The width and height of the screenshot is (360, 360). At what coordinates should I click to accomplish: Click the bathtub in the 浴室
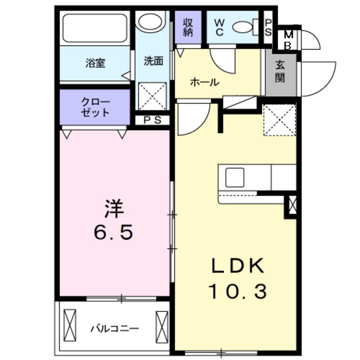pos(94,28)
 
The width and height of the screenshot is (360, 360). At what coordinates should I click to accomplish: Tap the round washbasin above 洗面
pos(150,21)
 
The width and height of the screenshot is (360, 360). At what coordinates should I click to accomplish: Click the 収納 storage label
pos(188,28)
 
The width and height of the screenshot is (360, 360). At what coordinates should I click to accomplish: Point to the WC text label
pos(219,28)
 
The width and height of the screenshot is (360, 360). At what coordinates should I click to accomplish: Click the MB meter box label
pos(288,40)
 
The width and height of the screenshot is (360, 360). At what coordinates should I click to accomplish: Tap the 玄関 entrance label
pos(280,71)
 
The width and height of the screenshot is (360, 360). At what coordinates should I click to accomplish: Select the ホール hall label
pos(205,82)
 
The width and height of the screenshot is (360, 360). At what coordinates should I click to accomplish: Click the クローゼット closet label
pos(95,107)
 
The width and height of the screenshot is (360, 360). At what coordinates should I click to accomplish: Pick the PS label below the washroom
pos(152,120)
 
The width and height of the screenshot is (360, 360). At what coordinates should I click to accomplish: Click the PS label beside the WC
pos(268,28)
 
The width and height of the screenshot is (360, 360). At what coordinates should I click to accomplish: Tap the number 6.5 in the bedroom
pos(114,232)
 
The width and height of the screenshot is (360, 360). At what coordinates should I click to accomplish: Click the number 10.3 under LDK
pos(237,291)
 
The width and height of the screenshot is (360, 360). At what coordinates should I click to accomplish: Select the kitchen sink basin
pos(235,178)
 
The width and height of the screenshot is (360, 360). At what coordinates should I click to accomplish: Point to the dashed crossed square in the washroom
pos(152,96)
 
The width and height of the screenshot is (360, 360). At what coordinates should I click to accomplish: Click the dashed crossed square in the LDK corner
pos(280,120)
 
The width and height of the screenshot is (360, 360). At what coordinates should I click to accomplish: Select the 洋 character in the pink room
pos(114,209)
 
